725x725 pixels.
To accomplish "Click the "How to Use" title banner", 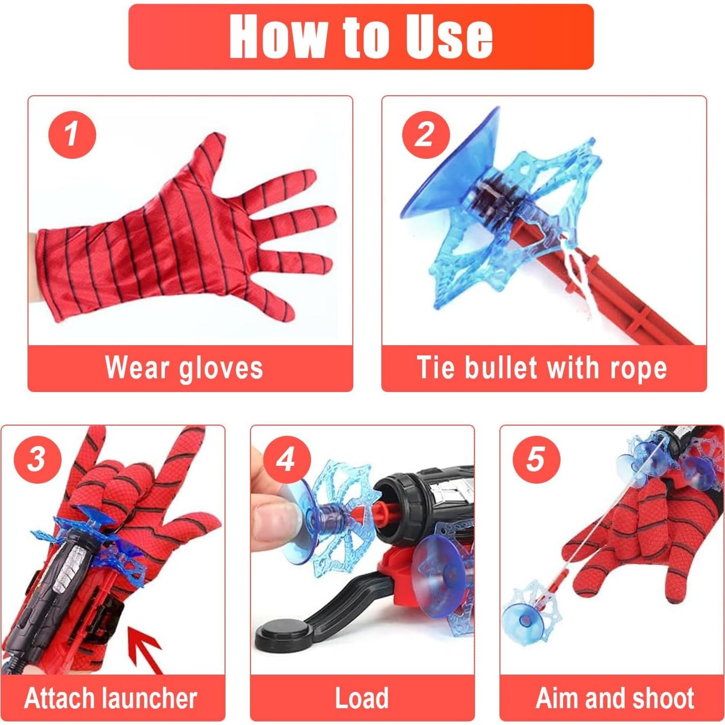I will [361, 37].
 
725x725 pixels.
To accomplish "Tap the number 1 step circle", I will [72, 134].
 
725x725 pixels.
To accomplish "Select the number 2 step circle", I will [426, 134].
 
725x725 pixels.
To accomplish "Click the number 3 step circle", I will [37, 459].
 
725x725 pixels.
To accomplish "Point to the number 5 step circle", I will [536, 459].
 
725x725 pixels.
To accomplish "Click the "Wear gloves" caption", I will [184, 368].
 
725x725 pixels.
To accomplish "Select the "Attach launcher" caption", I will [110, 698].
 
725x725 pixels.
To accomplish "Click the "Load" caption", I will [361, 698].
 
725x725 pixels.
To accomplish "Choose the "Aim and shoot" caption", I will [615, 698].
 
